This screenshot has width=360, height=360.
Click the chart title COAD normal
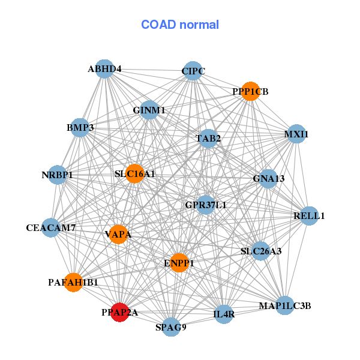click(x=180, y=25)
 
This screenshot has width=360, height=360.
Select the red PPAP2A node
click(x=120, y=312)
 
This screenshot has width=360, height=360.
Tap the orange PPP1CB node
click(x=250, y=91)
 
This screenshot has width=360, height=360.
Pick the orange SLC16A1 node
click(x=134, y=173)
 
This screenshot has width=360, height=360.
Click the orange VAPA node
click(x=118, y=233)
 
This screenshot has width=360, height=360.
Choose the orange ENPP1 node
click(x=179, y=262)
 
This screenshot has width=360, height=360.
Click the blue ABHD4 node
click(x=104, y=68)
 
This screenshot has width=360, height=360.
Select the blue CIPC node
click(x=192, y=71)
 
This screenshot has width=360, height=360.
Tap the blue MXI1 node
click(x=296, y=134)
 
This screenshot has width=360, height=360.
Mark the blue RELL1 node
click(x=308, y=215)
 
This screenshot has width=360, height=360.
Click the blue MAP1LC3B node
click(x=285, y=306)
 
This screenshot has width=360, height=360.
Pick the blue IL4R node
click(x=224, y=314)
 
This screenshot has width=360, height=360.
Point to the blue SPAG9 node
click(x=171, y=327)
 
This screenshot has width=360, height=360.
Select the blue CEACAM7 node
click(x=50, y=228)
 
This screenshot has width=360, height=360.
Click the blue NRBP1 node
click(x=57, y=175)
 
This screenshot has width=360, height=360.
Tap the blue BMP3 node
click(x=80, y=128)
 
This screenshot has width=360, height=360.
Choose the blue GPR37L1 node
click(x=206, y=205)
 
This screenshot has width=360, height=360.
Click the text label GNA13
click(x=268, y=178)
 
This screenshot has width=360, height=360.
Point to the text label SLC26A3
click(x=260, y=251)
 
